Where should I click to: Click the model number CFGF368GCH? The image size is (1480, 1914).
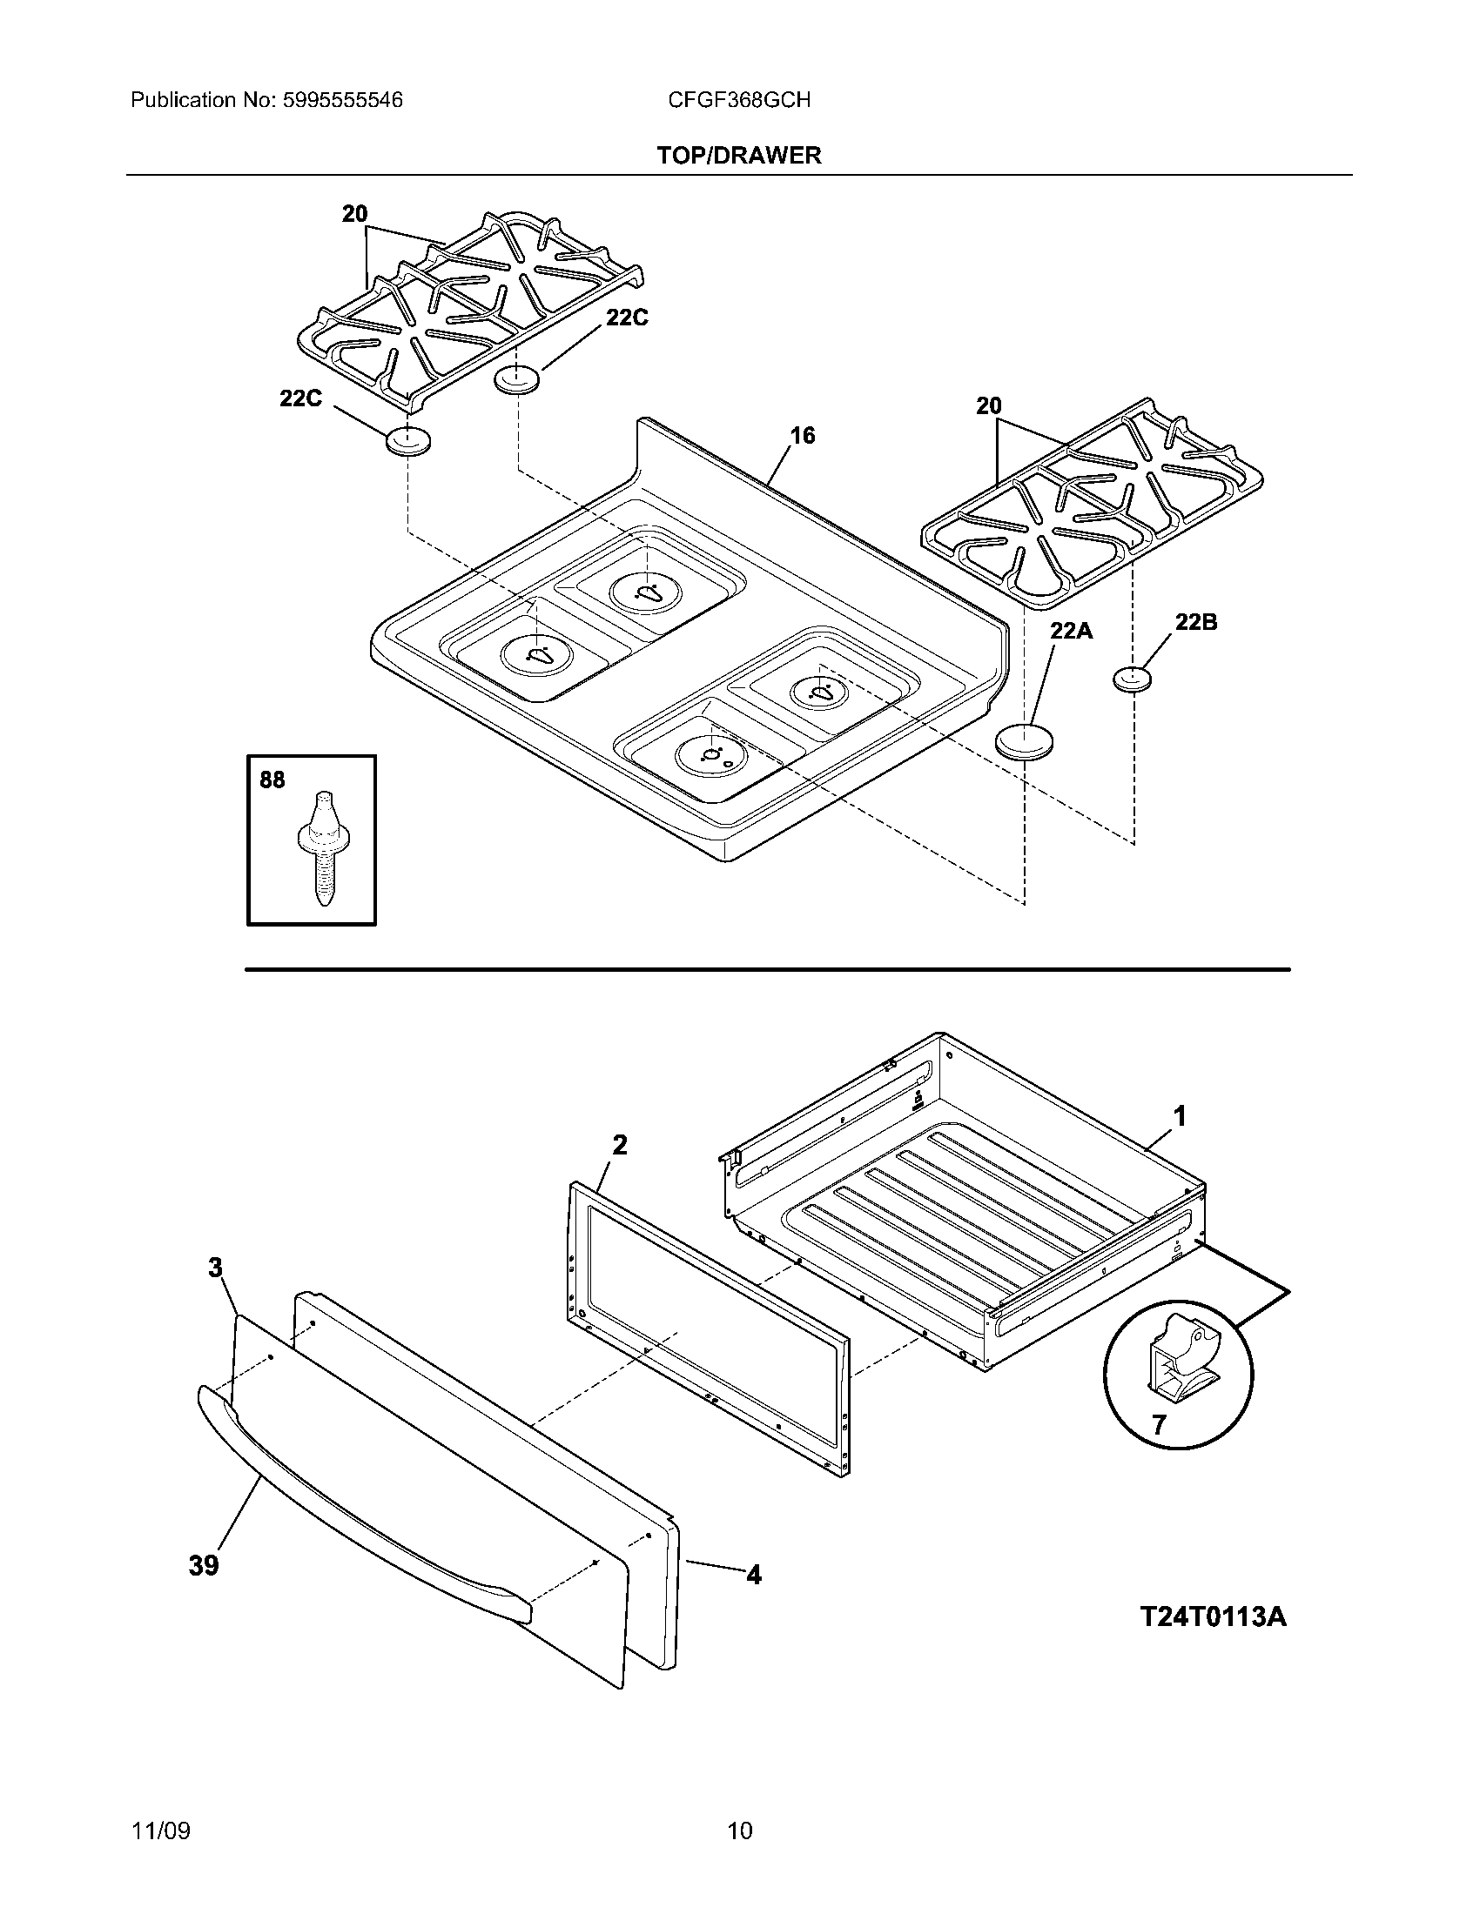[738, 100]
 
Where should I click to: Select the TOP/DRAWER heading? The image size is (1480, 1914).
[739, 156]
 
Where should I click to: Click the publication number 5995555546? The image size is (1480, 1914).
[341, 100]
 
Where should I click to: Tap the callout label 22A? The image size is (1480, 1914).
[1072, 630]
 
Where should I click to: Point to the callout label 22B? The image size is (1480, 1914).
[1196, 622]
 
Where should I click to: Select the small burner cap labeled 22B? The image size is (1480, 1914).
[1132, 679]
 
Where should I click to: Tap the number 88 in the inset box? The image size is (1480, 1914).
[272, 780]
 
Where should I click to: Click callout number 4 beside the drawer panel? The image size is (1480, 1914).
[753, 1575]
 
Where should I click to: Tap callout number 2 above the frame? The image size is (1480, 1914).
[619, 1145]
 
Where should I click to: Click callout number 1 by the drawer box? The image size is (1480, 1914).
[1181, 1116]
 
